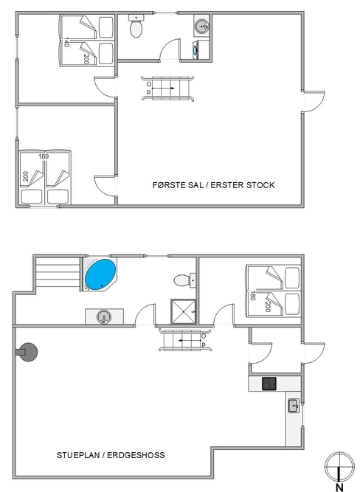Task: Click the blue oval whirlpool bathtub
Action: [100, 272]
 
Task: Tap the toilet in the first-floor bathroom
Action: [136, 26]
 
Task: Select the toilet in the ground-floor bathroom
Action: [185, 280]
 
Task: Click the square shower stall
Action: [183, 311]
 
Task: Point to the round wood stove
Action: [27, 352]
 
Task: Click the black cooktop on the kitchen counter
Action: [269, 384]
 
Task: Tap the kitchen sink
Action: [294, 406]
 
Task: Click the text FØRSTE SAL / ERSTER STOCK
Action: [213, 185]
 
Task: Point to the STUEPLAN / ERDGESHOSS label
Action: [111, 455]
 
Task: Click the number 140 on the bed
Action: [66, 42]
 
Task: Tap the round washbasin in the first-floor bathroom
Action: [201, 26]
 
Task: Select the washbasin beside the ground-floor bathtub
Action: [104, 316]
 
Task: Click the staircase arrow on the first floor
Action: [163, 89]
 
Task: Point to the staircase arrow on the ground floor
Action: [190, 341]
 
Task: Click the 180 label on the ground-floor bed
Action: [252, 296]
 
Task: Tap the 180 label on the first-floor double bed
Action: [44, 156]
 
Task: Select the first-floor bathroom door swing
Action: [170, 49]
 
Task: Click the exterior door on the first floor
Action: [314, 102]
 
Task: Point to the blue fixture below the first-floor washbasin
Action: [195, 49]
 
